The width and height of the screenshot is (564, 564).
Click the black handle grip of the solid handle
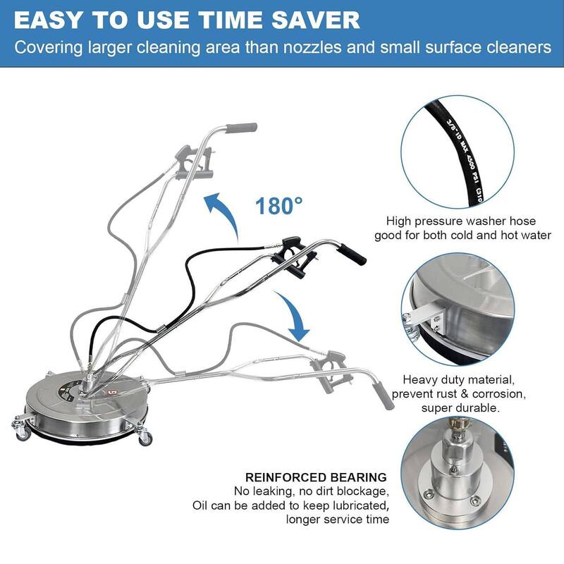[x=355, y=252]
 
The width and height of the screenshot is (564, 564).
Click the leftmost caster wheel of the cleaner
[x=18, y=424]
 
